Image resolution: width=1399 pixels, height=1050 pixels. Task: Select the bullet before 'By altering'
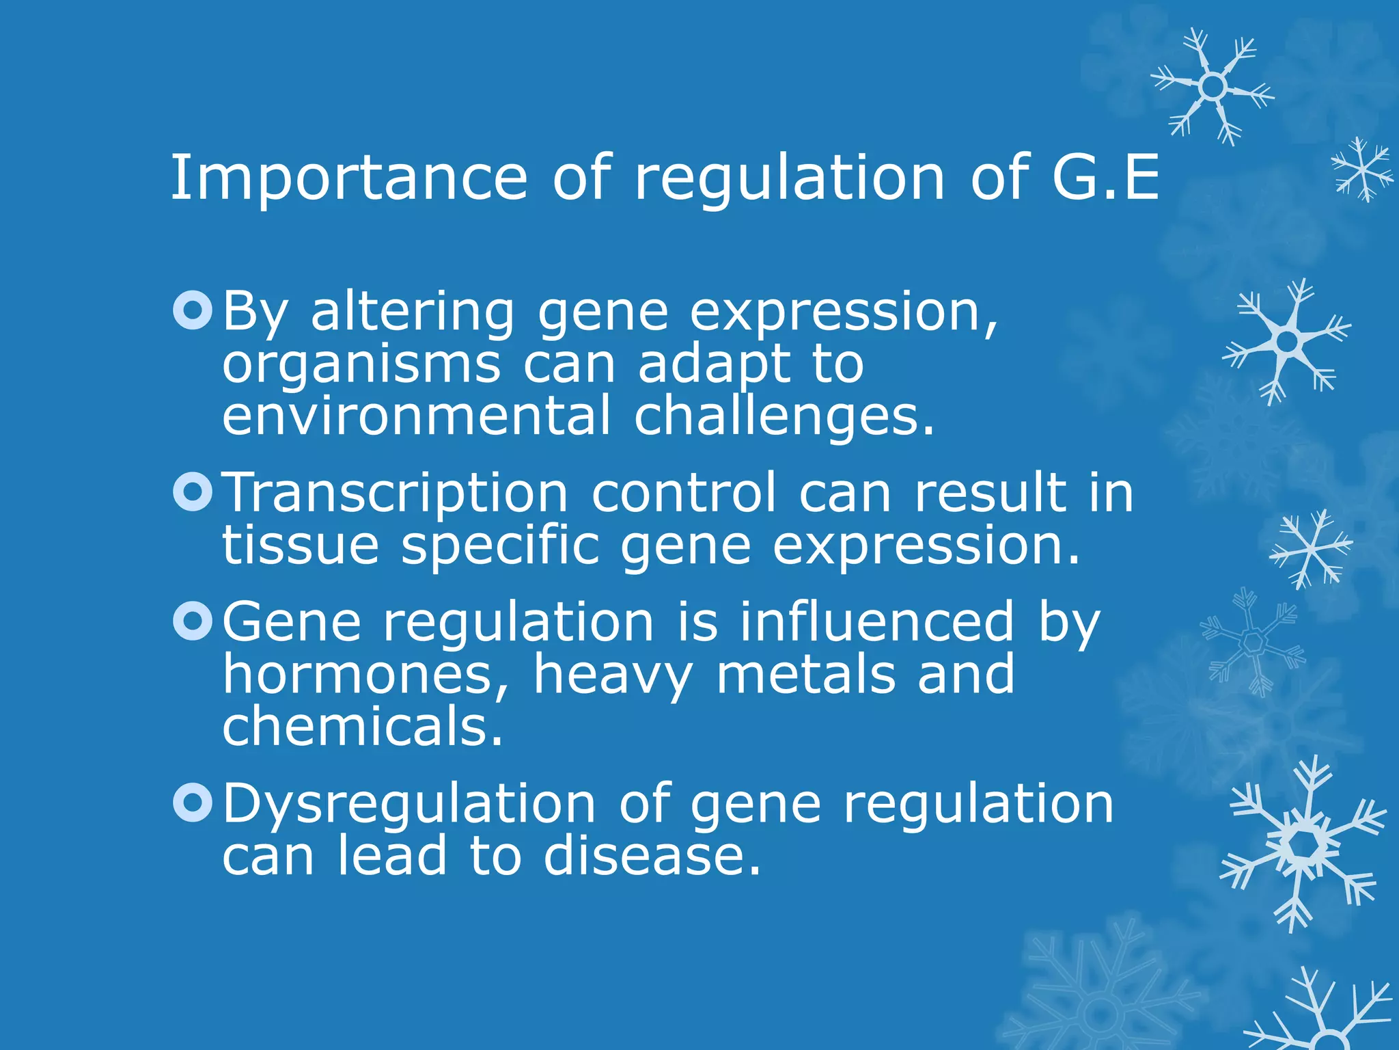click(193, 311)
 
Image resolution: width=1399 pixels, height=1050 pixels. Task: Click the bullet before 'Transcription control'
click(193, 492)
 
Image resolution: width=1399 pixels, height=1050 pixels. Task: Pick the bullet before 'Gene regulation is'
click(193, 621)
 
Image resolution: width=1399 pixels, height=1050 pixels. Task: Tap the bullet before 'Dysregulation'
click(193, 802)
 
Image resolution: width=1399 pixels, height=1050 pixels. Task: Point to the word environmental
click(416, 416)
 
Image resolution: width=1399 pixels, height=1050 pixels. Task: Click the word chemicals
click(362, 726)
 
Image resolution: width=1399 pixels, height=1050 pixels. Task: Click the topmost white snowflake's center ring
click(1212, 87)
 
